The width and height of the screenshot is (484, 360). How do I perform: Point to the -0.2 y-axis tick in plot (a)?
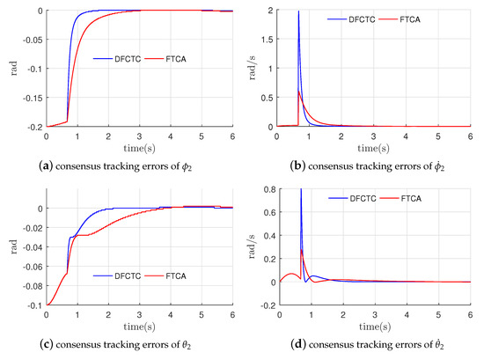pyautogui.click(x=33, y=128)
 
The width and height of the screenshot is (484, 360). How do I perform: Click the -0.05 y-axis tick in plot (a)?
pyautogui.click(x=31, y=40)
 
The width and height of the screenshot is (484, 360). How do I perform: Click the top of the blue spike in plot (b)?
pyautogui.click(x=299, y=12)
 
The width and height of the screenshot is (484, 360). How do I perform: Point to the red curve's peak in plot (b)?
pyautogui.click(x=299, y=92)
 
